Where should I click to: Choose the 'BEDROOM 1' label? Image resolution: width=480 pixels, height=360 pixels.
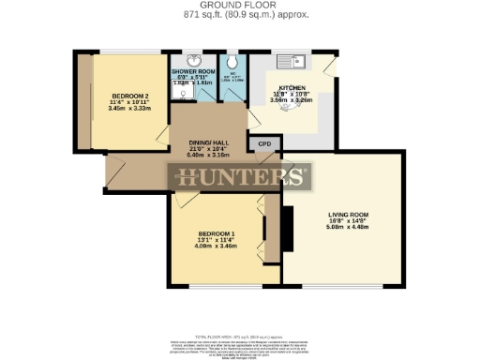216,232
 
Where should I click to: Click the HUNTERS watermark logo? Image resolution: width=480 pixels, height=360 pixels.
238,177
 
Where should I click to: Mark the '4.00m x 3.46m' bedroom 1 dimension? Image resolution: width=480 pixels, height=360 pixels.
216,247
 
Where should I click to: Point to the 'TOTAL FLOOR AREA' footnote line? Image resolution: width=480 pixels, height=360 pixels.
238,335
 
